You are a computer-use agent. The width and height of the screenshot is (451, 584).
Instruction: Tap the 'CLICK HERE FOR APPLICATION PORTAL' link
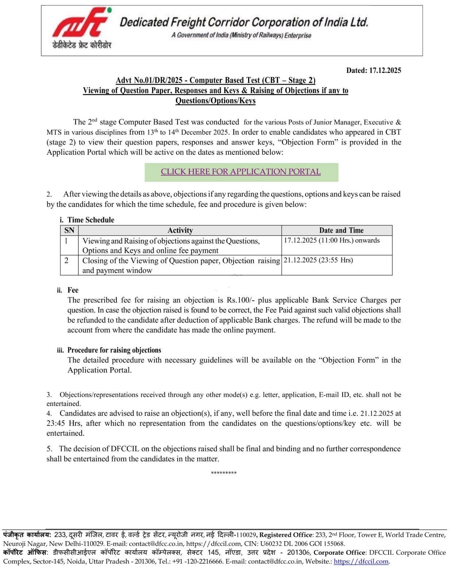point(241,172)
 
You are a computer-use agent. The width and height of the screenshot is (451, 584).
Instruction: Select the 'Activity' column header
point(180,230)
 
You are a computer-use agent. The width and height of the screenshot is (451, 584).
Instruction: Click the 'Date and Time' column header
point(341,230)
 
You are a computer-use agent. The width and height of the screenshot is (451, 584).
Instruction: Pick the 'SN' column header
point(69,230)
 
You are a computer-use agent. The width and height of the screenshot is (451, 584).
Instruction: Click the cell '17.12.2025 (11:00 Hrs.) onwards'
point(332,241)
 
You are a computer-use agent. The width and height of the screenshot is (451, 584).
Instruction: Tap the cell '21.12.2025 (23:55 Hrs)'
point(318,260)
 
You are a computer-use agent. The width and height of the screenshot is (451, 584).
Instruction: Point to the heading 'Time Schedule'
point(90,220)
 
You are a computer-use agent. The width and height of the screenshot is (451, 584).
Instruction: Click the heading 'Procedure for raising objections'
point(114,350)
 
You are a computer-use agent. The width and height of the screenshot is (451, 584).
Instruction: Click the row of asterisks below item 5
point(224,473)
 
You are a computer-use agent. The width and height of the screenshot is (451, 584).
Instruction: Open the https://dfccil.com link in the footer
point(361,561)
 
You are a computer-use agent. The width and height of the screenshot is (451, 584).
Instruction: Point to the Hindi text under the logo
point(81,45)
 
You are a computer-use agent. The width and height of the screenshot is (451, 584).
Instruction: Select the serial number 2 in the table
point(66,261)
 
